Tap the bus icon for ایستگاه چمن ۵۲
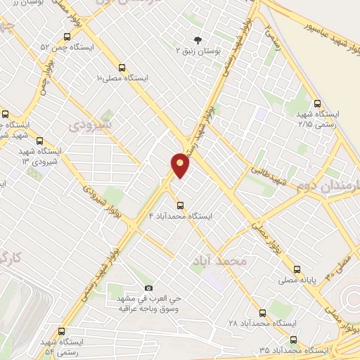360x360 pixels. pos(65,36)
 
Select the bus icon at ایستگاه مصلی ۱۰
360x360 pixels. pos(122,68)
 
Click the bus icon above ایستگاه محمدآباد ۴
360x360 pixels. pos(181,205)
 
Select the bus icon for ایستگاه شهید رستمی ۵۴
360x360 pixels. pos(63,331)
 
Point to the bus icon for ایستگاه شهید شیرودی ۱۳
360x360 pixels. pos(39,141)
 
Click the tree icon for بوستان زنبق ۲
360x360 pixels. pos(197,39)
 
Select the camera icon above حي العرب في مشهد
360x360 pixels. pos(148,288)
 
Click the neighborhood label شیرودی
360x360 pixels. pos(91,124)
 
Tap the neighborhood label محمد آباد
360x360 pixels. pos(219,261)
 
